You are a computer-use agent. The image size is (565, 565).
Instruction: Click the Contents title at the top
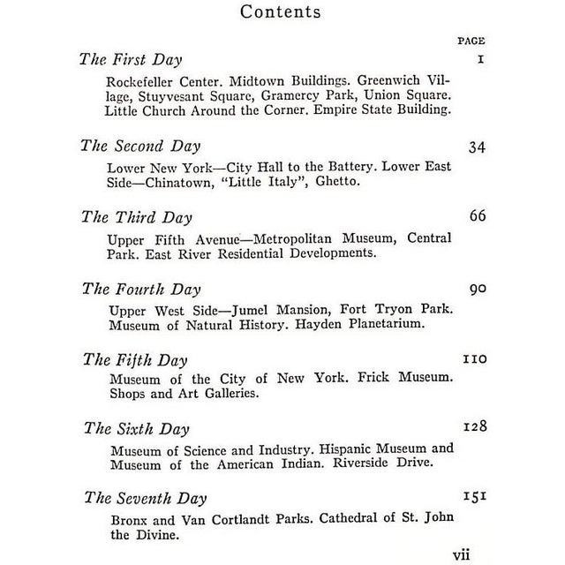(281, 12)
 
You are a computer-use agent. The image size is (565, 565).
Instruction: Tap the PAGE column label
(471, 41)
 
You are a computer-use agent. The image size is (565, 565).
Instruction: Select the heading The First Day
(131, 60)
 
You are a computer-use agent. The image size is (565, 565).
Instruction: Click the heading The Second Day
(140, 146)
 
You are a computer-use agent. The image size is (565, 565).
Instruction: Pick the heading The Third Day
(136, 217)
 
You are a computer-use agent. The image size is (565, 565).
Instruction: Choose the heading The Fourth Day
(140, 289)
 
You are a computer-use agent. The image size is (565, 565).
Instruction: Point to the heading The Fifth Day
(134, 359)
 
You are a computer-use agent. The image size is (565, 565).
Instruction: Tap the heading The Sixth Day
(136, 429)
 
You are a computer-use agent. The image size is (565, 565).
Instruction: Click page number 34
(477, 147)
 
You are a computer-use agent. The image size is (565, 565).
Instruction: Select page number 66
(477, 216)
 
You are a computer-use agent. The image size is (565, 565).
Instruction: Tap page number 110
(474, 359)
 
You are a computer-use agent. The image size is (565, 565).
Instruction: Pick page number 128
(475, 427)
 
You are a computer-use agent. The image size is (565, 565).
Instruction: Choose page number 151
(475, 497)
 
